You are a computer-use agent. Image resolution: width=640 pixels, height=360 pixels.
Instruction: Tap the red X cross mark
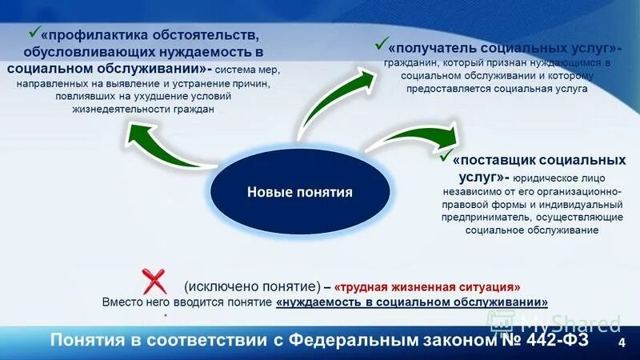(x=154, y=282)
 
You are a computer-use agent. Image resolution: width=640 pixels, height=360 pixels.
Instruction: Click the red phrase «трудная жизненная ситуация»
(x=427, y=286)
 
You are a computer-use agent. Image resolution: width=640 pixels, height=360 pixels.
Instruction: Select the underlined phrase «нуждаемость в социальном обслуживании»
(x=412, y=302)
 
